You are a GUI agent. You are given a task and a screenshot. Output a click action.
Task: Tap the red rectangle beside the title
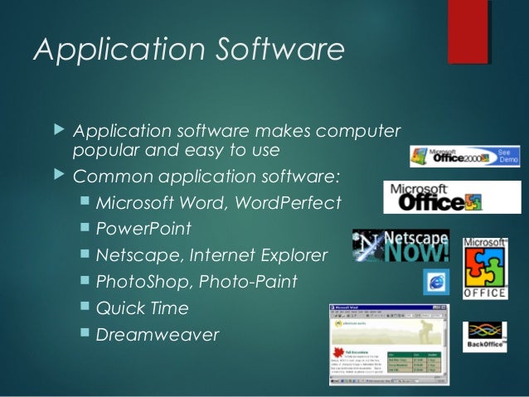coord(468,31)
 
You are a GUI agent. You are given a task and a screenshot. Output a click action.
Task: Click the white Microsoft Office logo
coord(433,197)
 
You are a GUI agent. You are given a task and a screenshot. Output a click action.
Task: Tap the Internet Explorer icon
coord(435,282)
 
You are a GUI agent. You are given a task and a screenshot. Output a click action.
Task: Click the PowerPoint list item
coord(143,228)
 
